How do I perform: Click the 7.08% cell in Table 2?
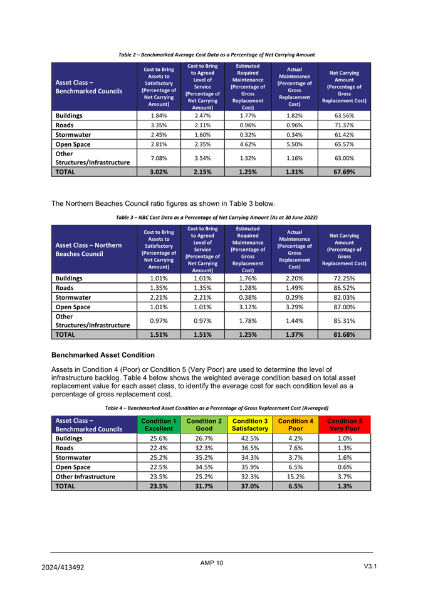(x=159, y=158)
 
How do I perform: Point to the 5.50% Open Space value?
(x=295, y=144)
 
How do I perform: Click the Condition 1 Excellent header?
(x=158, y=425)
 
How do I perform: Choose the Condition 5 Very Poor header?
(x=345, y=425)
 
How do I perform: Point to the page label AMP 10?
(x=211, y=563)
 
